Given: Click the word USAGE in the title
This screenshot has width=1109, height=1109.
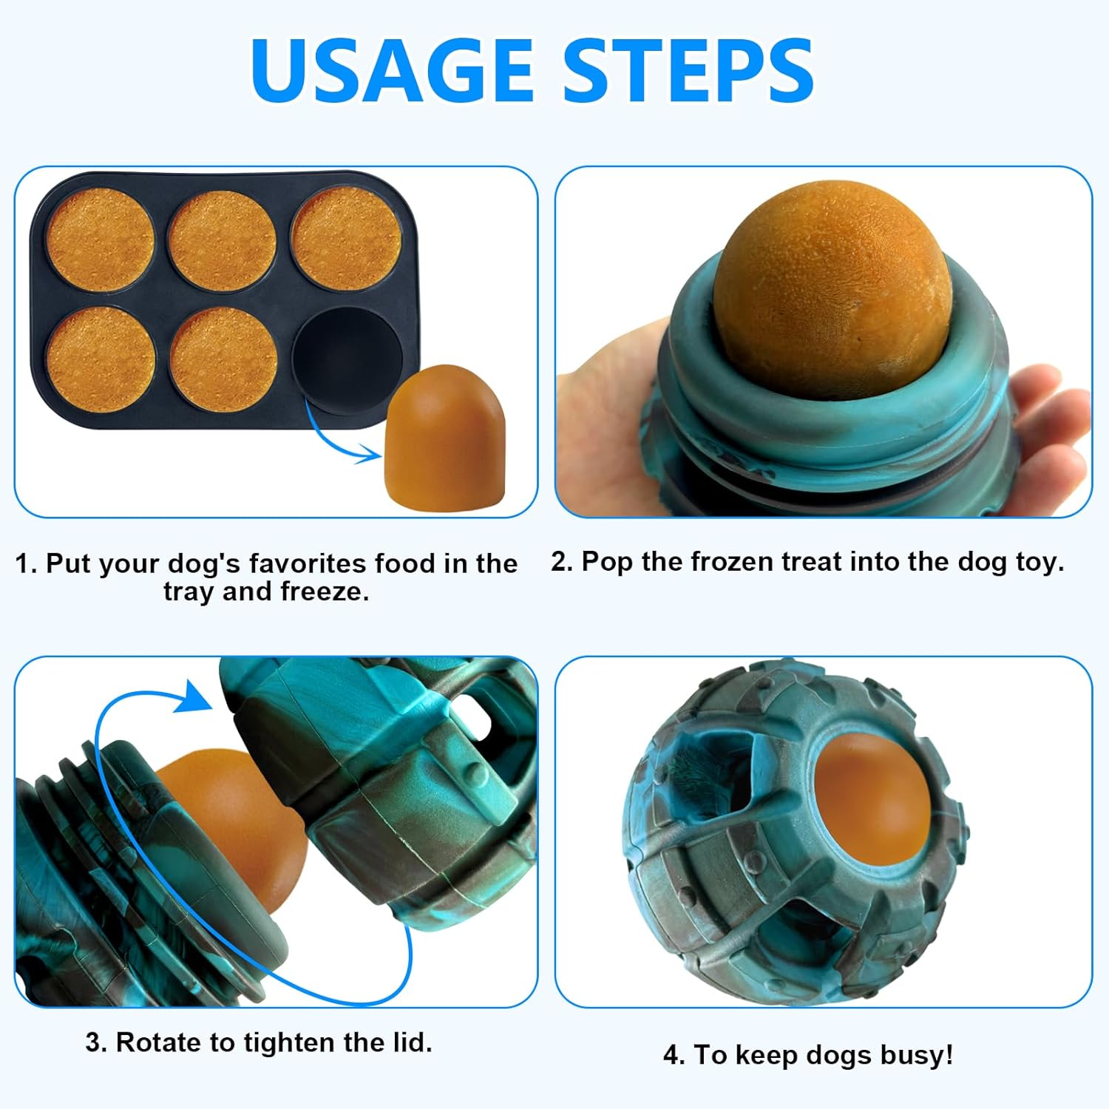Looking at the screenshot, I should (x=392, y=70).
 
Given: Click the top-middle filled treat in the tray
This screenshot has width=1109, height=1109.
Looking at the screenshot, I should (x=222, y=240).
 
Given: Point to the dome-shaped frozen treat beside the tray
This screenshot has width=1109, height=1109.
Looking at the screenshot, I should (x=445, y=436).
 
